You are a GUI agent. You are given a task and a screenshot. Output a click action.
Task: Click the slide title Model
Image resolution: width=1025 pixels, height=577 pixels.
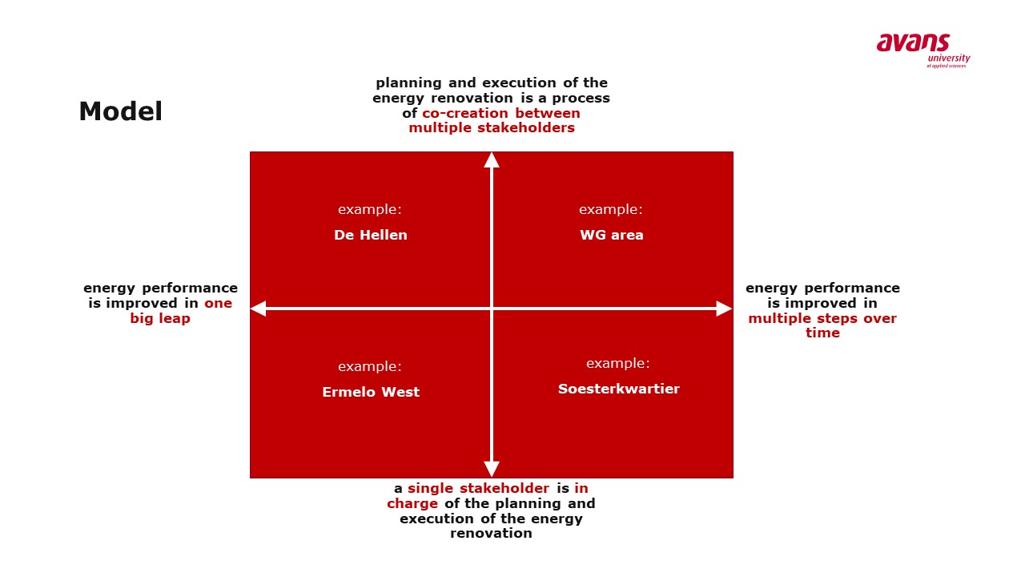120,111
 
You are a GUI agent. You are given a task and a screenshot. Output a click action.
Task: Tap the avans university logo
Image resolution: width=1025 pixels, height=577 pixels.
923,50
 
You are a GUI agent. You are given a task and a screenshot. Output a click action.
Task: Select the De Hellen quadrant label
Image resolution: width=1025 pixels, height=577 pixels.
371,235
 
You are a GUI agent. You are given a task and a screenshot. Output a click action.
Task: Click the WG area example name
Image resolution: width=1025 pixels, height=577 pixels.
611,235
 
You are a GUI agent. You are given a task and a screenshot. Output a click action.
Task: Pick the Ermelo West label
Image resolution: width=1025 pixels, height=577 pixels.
371,392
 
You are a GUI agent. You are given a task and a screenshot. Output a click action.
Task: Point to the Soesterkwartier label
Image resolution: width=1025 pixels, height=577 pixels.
619,389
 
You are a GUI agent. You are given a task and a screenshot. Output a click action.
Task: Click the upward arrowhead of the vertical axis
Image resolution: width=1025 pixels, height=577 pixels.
492,159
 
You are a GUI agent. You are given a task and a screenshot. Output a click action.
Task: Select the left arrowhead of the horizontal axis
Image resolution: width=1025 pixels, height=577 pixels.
258,309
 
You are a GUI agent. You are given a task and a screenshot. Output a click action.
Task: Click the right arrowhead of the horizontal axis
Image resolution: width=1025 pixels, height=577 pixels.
725,309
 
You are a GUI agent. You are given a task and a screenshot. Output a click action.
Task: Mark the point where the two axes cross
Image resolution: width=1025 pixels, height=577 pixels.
492,309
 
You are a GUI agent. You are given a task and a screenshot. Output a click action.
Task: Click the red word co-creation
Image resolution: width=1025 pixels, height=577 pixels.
464,113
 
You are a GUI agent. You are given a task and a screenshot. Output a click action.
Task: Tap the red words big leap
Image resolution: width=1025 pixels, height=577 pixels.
160,319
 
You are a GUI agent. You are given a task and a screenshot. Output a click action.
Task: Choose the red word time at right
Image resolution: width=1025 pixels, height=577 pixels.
822,333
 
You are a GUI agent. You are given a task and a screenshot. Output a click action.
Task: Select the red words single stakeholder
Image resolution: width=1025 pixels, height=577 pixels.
478,489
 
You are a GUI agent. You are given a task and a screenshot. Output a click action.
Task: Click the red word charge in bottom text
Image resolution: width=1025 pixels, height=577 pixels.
412,504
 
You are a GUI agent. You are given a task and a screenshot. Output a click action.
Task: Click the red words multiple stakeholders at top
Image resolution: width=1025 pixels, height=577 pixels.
492,127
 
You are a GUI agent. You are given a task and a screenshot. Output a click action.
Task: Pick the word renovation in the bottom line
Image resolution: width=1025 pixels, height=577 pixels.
491,534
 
